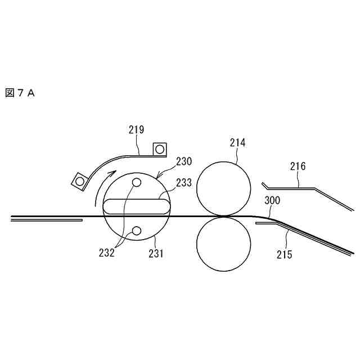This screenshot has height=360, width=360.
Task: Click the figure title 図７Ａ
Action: pos(20,93)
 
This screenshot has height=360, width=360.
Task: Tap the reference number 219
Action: pos(136,130)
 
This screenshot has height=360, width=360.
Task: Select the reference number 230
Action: pos(183,161)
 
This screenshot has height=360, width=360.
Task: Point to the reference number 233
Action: pos(184,182)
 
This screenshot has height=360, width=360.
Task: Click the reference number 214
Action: pos(237,143)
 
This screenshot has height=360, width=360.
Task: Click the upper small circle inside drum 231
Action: pos(137,183)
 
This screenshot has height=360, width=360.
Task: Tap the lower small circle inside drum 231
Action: pos(137,230)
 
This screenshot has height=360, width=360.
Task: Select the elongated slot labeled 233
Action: pos(136,206)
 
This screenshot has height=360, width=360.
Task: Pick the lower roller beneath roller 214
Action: pos(223,244)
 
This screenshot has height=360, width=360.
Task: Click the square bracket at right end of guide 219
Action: pos(160,148)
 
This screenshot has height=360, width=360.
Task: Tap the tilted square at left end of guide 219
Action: pos(79,181)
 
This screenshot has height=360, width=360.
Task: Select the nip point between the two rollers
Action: pos(223,216)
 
